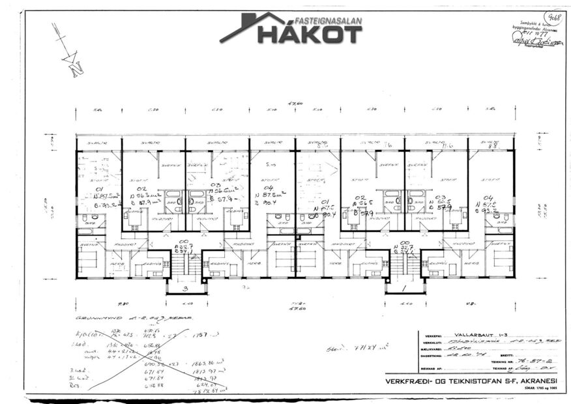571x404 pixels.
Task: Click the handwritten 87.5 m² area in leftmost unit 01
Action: click(x=101, y=195)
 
